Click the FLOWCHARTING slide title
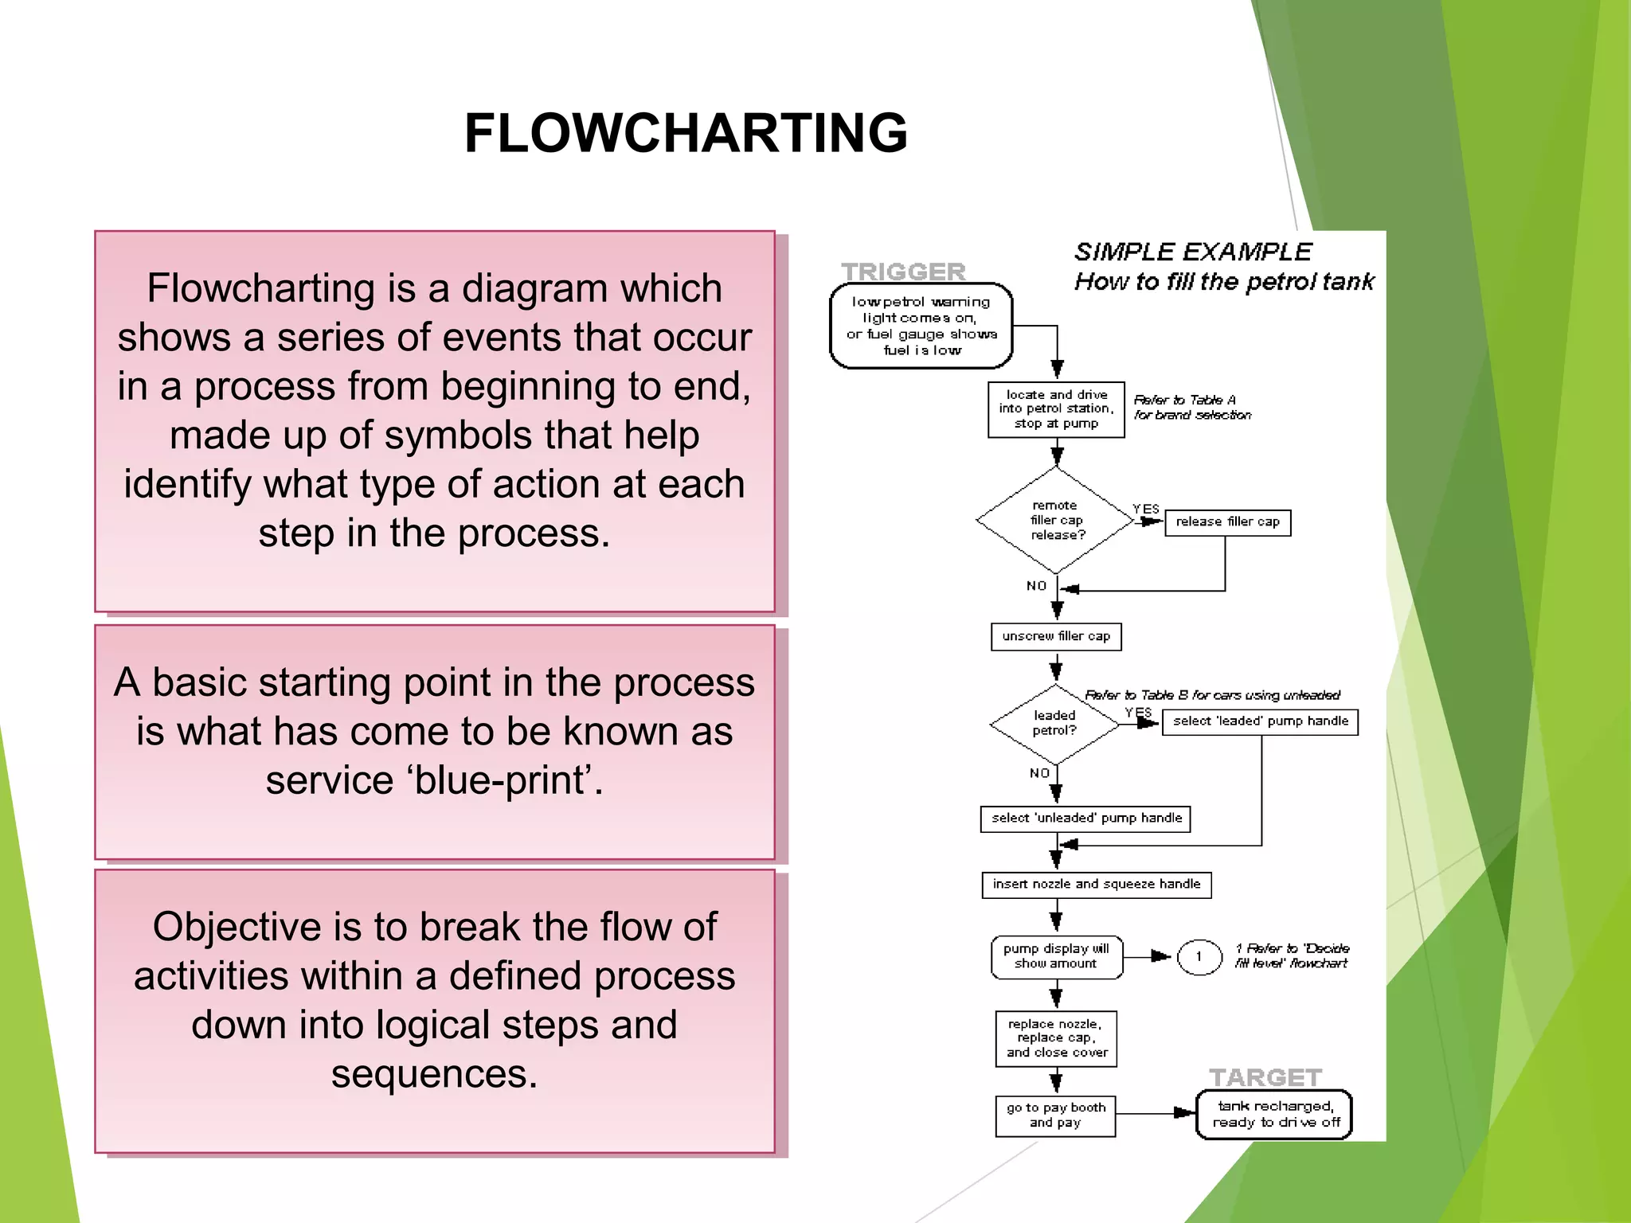click(x=686, y=133)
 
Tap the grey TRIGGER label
click(x=903, y=272)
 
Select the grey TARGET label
click(x=1265, y=1077)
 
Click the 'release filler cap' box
click(x=1227, y=522)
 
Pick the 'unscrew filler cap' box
click(x=1056, y=636)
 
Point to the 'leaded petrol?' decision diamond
click(x=1054, y=723)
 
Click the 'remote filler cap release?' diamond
click(x=1056, y=520)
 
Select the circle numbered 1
click(x=1199, y=956)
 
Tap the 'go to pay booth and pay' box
click(x=1055, y=1116)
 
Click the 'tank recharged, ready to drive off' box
click(x=1274, y=1114)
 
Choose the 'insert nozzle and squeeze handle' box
click(x=1096, y=885)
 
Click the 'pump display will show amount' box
click(x=1056, y=956)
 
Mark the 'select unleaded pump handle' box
click(x=1085, y=819)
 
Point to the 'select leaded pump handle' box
click(x=1260, y=721)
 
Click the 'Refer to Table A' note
click(x=1191, y=407)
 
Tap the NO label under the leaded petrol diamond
click(x=1039, y=773)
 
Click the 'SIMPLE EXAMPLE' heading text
click(x=1192, y=252)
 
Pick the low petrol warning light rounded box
click(x=921, y=326)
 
